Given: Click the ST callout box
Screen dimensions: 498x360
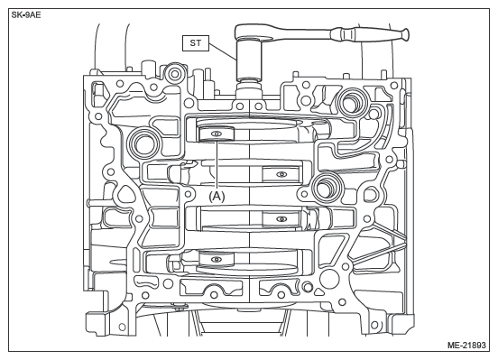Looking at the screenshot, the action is tap(196, 43).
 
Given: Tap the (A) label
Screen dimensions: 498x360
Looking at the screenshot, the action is tap(217, 196).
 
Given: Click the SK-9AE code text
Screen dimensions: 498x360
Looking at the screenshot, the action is tap(26, 15).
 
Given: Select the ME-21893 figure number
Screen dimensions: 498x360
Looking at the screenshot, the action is tap(466, 345).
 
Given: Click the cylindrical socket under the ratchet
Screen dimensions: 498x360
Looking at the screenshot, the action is tap(249, 60).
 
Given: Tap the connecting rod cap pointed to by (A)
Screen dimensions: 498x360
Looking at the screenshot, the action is tap(216, 134).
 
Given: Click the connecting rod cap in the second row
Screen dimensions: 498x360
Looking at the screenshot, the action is tap(281, 174).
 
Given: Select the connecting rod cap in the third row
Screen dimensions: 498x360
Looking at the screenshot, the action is tap(281, 219).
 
